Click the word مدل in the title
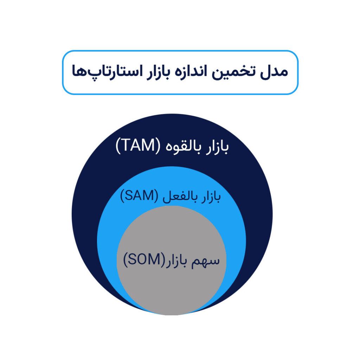[x=274, y=71]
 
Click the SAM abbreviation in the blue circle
[x=139, y=195]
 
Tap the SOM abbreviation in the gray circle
[x=144, y=259]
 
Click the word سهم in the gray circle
[x=205, y=262]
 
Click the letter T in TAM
[x=125, y=145]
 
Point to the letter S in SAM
[x=129, y=195]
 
